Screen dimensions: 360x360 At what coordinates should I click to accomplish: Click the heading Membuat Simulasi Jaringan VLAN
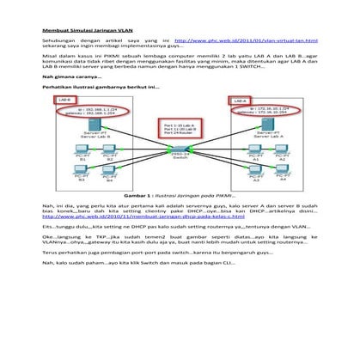[x=90, y=31]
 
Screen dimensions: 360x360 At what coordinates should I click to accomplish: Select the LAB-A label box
[x=241, y=100]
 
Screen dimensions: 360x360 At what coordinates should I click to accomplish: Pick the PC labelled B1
[x=83, y=152]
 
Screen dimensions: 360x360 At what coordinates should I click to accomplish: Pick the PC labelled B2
[x=109, y=152]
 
